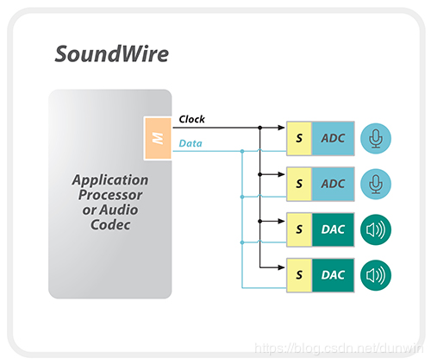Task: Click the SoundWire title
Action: click(x=112, y=53)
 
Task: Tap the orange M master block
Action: click(x=158, y=138)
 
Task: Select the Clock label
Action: click(x=191, y=119)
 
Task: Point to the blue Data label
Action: click(x=191, y=143)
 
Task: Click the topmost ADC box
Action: click(x=333, y=139)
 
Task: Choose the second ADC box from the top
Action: click(x=333, y=184)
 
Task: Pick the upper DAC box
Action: click(x=333, y=229)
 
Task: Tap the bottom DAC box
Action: click(x=333, y=275)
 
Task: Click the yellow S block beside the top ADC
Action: click(x=299, y=139)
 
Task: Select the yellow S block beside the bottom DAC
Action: click(x=299, y=275)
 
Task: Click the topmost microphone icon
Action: click(x=376, y=138)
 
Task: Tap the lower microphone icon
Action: click(x=376, y=184)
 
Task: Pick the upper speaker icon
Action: click(x=376, y=229)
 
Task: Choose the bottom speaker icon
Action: click(x=376, y=275)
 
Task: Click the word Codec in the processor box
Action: click(x=110, y=225)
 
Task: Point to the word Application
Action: click(x=110, y=180)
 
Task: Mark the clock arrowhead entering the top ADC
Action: click(x=281, y=128)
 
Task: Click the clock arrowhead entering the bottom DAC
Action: click(x=281, y=267)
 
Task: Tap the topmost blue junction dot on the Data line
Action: click(x=242, y=151)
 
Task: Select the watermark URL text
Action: click(x=339, y=348)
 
